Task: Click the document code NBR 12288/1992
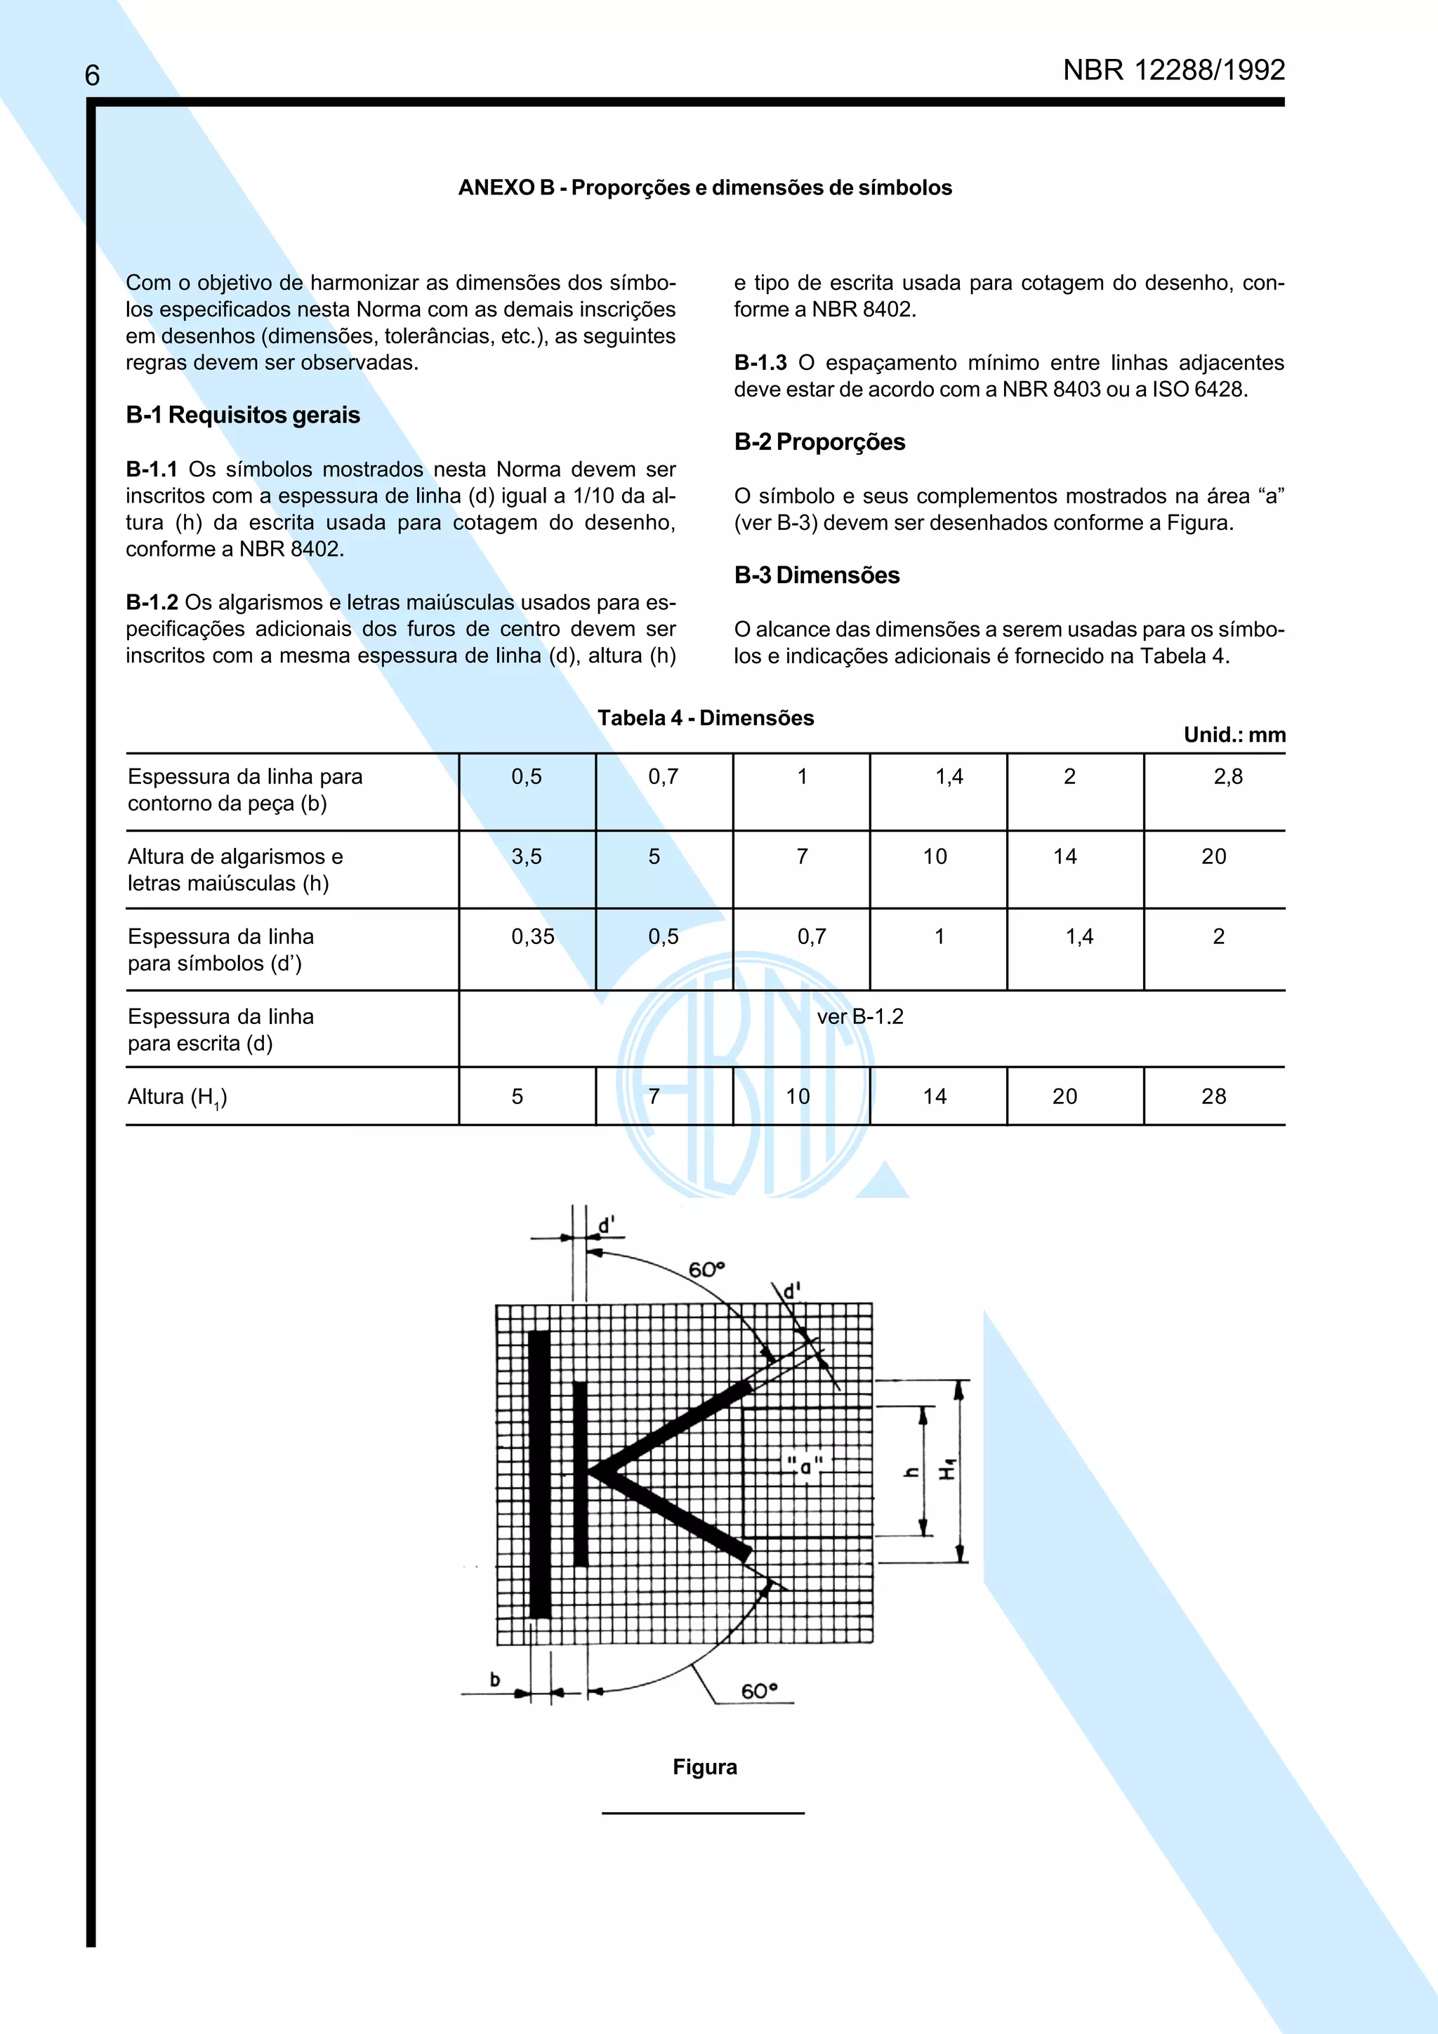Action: point(1173,70)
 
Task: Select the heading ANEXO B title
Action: point(704,188)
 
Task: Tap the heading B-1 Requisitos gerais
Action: point(243,415)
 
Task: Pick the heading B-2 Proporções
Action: point(819,441)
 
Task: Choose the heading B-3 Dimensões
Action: point(816,575)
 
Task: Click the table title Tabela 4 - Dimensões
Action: point(705,717)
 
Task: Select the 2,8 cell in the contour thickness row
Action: point(1227,777)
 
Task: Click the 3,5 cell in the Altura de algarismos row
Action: point(527,857)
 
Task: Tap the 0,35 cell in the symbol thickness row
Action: point(532,936)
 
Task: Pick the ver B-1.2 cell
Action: point(859,1016)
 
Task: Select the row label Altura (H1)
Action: point(177,1098)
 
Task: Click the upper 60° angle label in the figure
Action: point(706,1268)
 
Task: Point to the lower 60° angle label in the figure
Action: point(759,1690)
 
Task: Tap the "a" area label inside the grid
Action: point(805,1467)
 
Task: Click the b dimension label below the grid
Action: point(495,1679)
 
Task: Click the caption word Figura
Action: point(704,1767)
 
